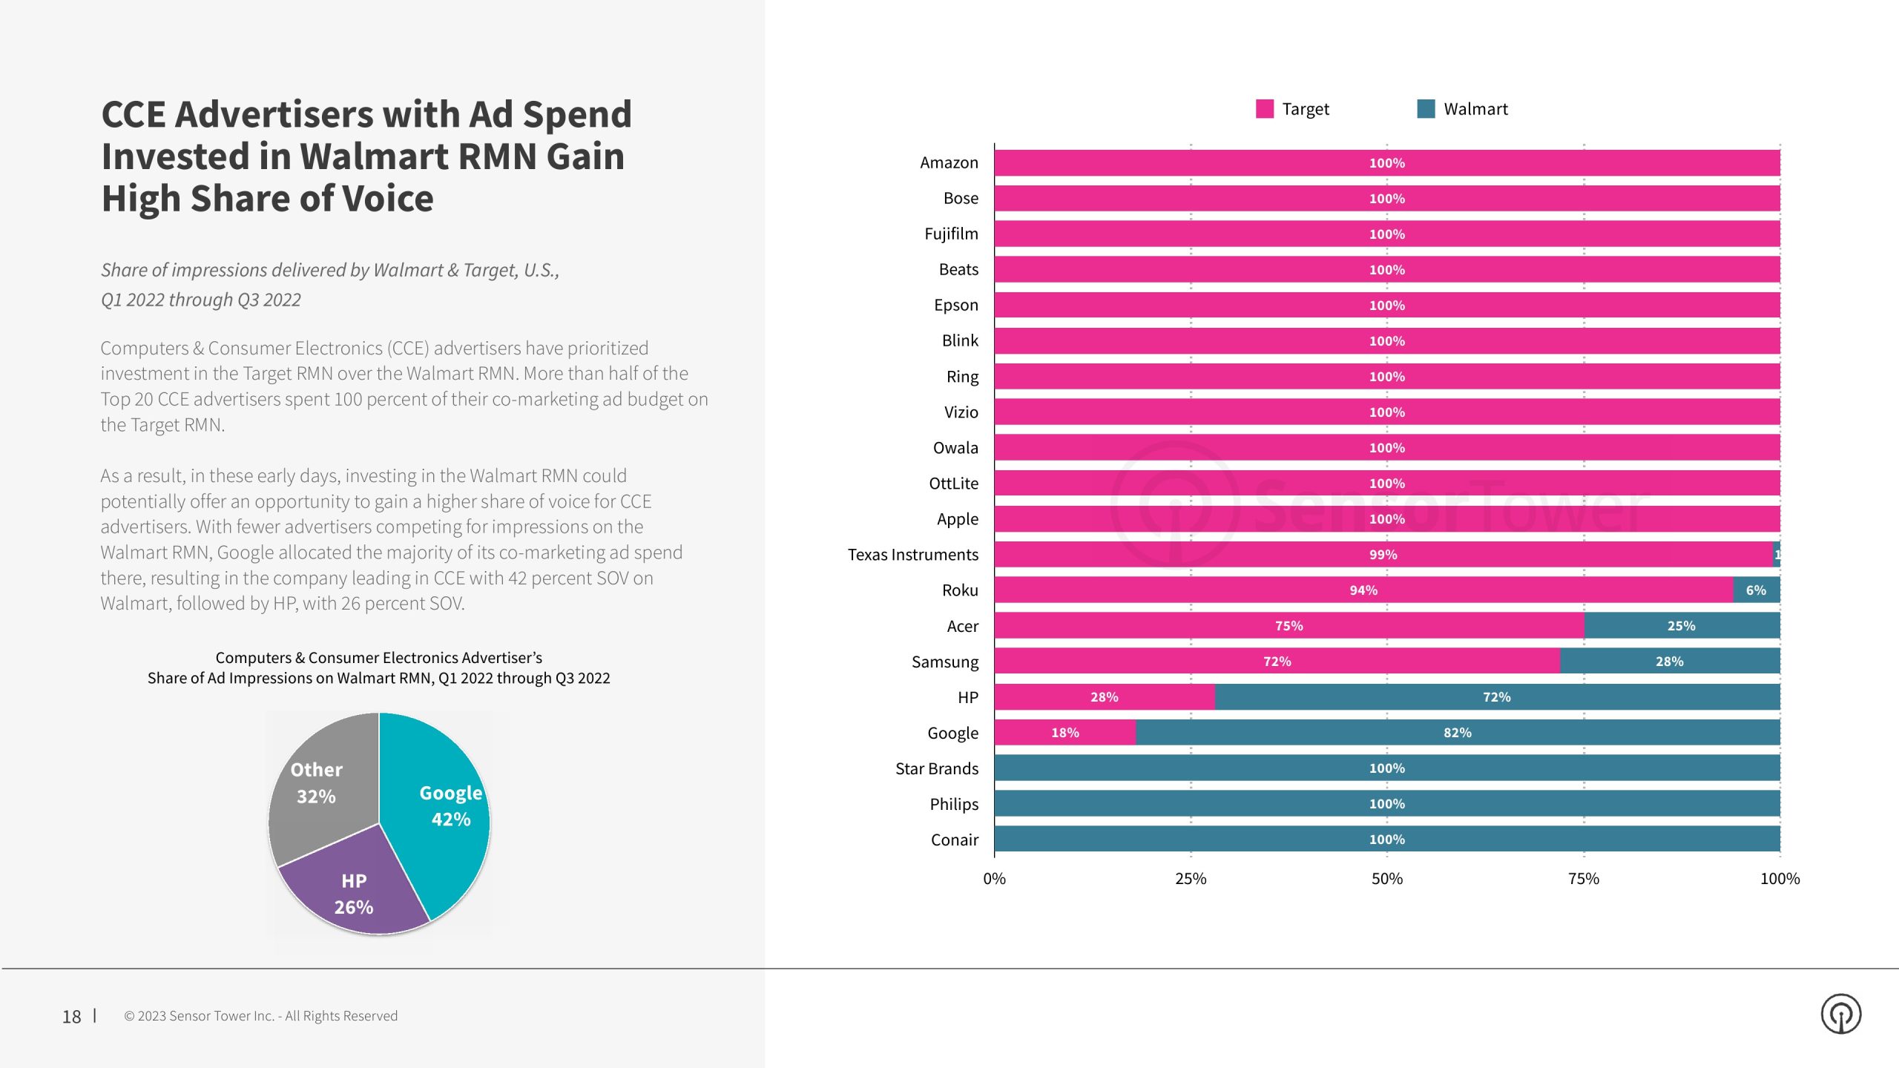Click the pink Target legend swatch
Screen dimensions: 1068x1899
(1264, 109)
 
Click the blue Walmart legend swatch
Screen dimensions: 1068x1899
(1425, 109)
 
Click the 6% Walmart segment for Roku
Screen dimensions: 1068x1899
(1755, 590)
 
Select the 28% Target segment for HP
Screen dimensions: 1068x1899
(1104, 697)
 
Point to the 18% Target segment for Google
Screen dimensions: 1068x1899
(1064, 733)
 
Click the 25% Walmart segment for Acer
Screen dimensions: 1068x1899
(1681, 626)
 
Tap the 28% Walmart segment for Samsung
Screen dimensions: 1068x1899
(1669, 662)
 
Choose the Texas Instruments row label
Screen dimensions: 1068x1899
(912, 555)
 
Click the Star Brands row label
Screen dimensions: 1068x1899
(936, 768)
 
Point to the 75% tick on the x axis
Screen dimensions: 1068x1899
(1583, 879)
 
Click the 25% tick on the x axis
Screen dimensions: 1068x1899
(1191, 879)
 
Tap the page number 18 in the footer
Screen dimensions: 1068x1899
(71, 1017)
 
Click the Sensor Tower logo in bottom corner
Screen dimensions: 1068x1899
(1840, 1014)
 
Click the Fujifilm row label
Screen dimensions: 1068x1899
(951, 234)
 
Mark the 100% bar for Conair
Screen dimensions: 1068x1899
(1386, 840)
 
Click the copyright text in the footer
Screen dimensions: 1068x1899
(260, 1016)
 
